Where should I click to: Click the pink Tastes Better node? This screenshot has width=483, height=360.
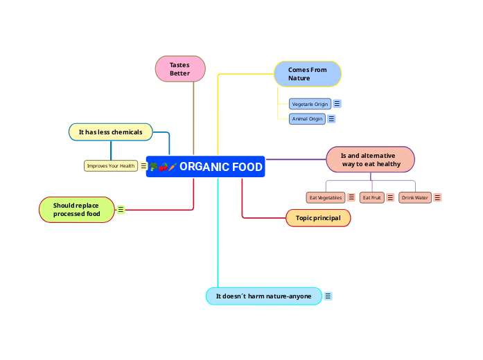point(180,69)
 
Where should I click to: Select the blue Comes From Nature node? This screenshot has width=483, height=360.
point(308,74)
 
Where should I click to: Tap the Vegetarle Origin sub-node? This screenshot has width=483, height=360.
point(310,104)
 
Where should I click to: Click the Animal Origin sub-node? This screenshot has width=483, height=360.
point(307,119)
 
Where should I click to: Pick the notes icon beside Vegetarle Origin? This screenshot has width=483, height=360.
point(337,104)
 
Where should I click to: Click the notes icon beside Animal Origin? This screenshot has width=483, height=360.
point(331,119)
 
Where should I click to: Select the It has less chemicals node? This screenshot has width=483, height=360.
point(110,132)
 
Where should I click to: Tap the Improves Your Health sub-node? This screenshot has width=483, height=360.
point(111,165)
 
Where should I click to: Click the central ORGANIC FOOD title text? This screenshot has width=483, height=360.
point(220,167)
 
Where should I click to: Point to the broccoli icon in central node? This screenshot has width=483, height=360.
point(153,167)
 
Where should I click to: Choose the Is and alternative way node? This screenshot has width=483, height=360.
point(370,160)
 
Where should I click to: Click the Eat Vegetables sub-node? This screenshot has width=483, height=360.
point(326,197)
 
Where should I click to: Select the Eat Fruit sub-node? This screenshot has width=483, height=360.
point(372,197)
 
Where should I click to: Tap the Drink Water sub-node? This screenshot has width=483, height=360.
point(415,197)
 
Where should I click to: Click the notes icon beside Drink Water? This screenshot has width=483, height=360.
point(437,197)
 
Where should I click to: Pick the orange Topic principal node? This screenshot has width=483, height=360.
point(318,218)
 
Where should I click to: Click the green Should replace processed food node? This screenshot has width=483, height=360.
point(76,210)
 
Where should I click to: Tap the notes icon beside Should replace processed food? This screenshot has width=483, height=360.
point(121,209)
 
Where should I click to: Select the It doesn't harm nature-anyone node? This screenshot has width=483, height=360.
point(263,296)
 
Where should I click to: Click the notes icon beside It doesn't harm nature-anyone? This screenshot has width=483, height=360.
point(328,296)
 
